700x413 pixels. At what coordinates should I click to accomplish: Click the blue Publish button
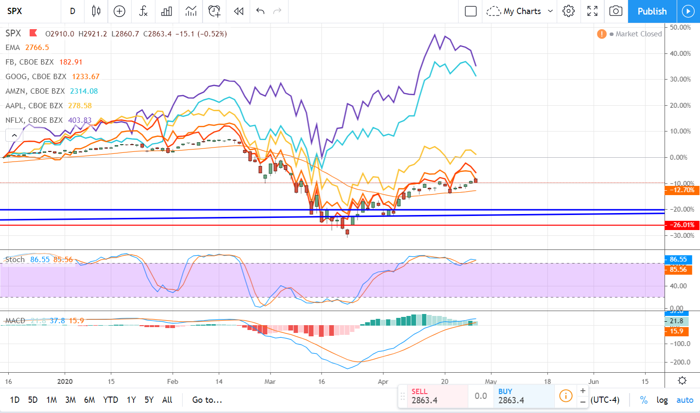[x=651, y=11]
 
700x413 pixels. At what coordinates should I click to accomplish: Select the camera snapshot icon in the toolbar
[x=615, y=11]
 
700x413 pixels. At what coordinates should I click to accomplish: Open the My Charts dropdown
[x=520, y=11]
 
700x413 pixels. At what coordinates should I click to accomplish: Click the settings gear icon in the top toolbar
[x=568, y=11]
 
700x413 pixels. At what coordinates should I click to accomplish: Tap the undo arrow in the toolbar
[x=260, y=11]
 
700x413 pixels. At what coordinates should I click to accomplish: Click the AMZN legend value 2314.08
[x=84, y=91]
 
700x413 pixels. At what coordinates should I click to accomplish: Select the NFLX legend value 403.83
[x=80, y=120]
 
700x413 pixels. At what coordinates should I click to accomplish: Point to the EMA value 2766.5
[x=37, y=48]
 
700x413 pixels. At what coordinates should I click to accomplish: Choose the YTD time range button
[x=110, y=400]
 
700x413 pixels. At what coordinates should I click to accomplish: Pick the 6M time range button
[x=89, y=400]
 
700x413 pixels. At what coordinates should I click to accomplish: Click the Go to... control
[x=207, y=400]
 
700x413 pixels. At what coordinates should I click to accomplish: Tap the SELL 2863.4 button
[x=432, y=396]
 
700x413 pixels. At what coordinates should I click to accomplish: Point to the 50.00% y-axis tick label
[x=680, y=27]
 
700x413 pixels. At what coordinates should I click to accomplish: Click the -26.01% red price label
[x=682, y=225]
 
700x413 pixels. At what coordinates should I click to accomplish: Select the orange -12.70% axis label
[x=682, y=190]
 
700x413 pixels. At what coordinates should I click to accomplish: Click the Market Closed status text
[x=638, y=34]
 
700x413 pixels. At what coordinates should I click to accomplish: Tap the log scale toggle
[x=662, y=400]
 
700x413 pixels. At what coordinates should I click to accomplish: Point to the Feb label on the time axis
[x=172, y=381]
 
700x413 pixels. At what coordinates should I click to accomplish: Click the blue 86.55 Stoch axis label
[x=678, y=259]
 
